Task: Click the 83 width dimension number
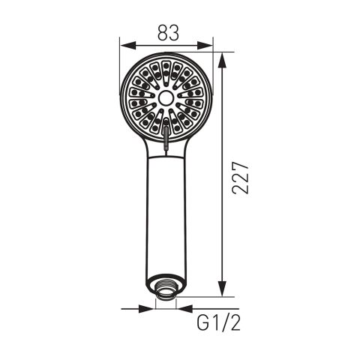(x=168, y=33)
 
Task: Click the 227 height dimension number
(x=240, y=178)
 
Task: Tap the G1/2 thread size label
(x=218, y=323)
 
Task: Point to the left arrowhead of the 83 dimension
(x=127, y=46)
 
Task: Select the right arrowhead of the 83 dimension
(x=205, y=46)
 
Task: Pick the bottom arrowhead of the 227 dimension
(x=222, y=289)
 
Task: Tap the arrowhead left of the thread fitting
(x=147, y=309)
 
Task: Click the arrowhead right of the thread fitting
(x=184, y=309)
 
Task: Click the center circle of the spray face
(x=166, y=97)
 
